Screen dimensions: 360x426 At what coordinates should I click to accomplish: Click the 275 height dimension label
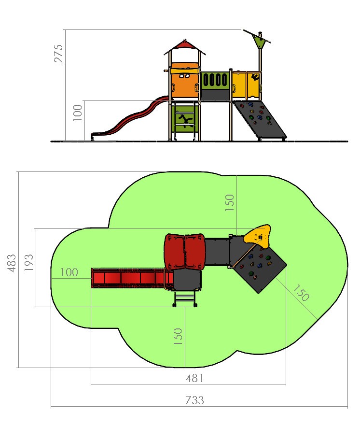pyautogui.click(x=58, y=54)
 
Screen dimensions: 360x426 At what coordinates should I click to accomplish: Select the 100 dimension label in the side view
pyautogui.click(x=78, y=113)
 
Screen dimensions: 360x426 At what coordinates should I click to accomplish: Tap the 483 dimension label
pyautogui.click(x=12, y=263)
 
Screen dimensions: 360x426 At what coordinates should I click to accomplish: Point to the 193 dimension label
pyautogui.click(x=29, y=262)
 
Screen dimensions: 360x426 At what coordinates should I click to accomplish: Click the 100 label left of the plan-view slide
pyautogui.click(x=69, y=272)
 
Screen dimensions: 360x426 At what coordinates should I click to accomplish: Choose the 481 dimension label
pyautogui.click(x=194, y=378)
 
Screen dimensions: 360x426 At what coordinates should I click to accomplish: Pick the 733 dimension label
pyautogui.click(x=194, y=400)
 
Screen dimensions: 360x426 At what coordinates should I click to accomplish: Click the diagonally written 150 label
pyautogui.click(x=301, y=293)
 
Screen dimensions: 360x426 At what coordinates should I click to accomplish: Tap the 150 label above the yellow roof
pyautogui.click(x=229, y=203)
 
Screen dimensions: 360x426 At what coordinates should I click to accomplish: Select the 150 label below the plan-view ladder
pyautogui.click(x=178, y=336)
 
